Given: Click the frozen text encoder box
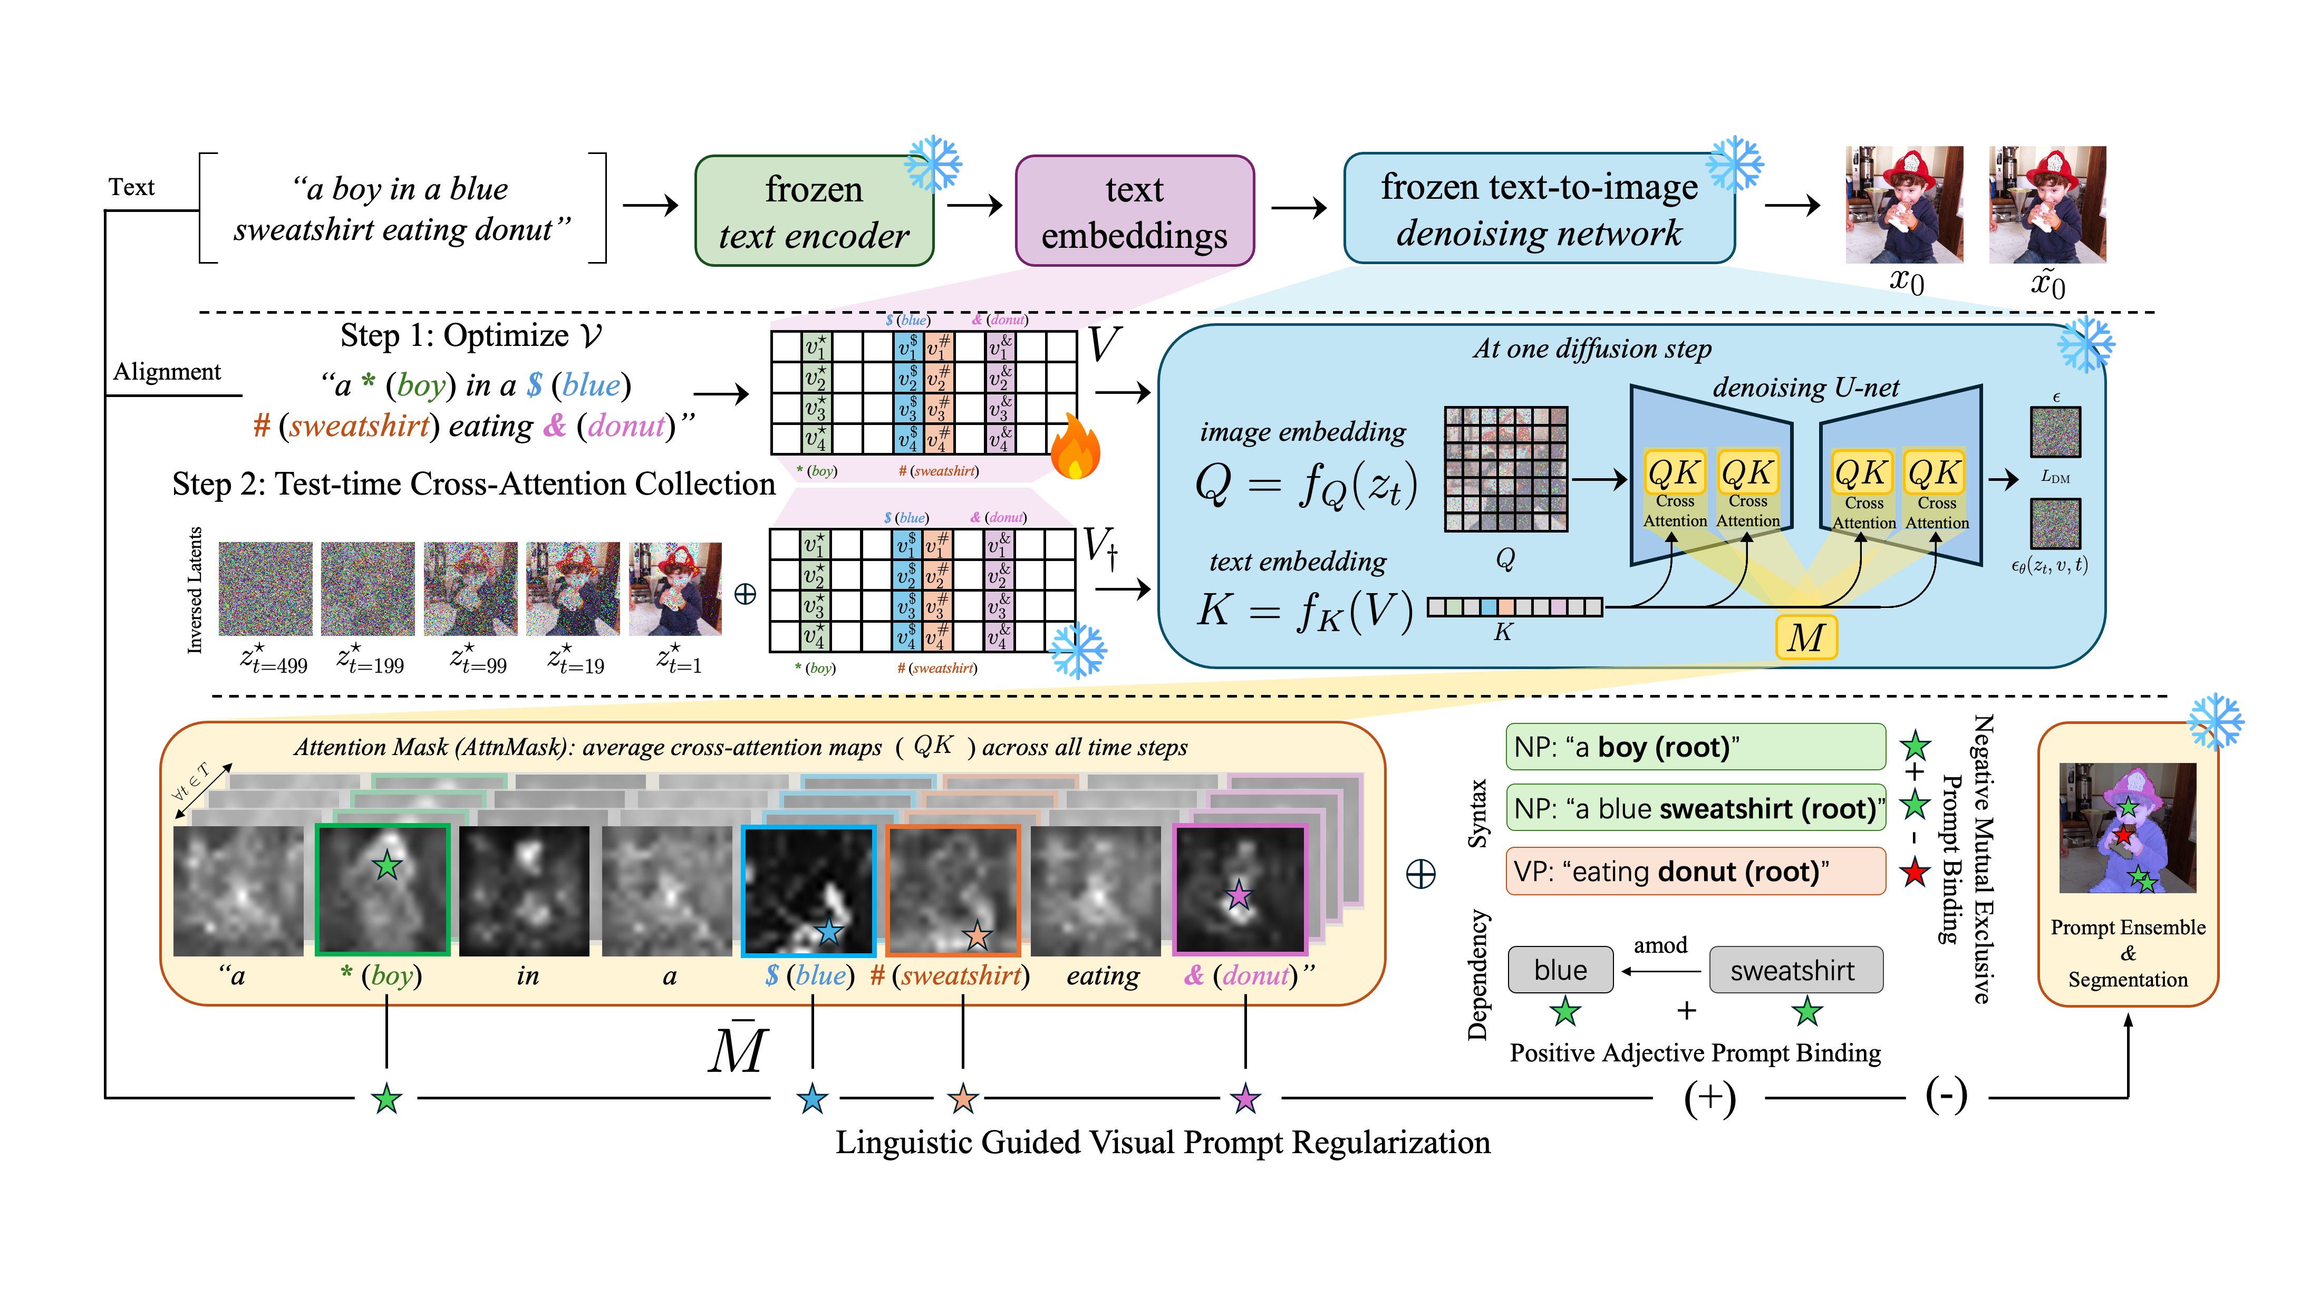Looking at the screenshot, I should click(x=813, y=211).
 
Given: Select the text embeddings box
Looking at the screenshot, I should click(x=1134, y=211).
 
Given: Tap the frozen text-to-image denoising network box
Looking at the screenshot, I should click(x=1538, y=209).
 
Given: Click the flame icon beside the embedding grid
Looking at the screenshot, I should click(x=1075, y=448).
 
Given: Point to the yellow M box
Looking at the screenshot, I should click(x=1806, y=637).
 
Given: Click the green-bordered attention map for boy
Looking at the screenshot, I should click(x=383, y=889).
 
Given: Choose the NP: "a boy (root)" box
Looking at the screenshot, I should click(x=1695, y=747).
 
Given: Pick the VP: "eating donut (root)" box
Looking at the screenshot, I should click(x=1695, y=871).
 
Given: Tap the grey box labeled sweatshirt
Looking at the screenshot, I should click(x=1795, y=970).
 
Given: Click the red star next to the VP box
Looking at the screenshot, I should click(x=1914, y=872).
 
